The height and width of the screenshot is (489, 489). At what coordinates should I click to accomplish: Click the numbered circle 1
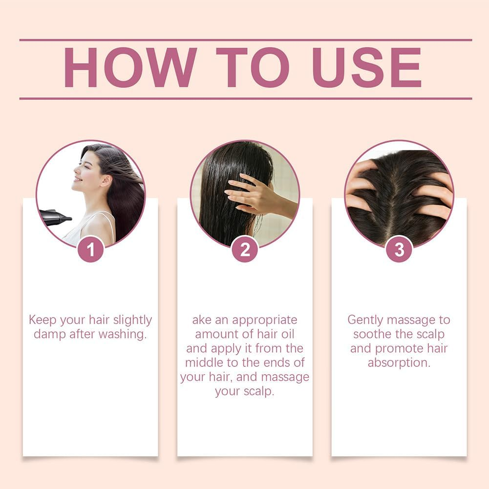pos(91,249)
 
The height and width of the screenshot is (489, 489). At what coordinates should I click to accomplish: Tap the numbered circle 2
pos(245,249)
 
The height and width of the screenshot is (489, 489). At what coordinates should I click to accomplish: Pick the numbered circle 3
pos(399,249)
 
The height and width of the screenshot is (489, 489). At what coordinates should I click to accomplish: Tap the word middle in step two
pos(203,363)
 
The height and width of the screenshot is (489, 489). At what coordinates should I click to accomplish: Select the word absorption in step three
pos(399,363)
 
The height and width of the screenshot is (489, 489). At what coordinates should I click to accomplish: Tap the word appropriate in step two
pos(264,320)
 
